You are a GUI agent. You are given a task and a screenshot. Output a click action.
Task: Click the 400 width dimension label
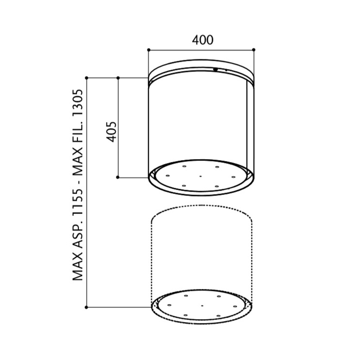coord(202,40)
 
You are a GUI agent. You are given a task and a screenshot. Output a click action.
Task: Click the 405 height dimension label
coord(112,132)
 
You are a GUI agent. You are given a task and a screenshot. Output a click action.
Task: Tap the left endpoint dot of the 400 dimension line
coord(148,50)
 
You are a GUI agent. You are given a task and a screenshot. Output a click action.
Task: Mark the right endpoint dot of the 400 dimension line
coord(253,50)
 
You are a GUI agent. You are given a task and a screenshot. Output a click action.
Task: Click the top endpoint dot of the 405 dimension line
coord(118,78)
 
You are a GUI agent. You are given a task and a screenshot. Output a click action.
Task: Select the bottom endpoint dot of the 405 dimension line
coord(118,177)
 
